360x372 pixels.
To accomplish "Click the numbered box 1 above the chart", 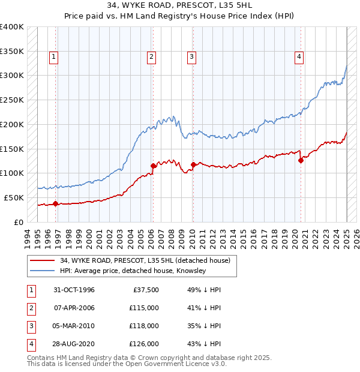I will pyautogui.click(x=54, y=57).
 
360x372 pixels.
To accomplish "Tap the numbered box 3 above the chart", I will pyautogui.click(x=191, y=57).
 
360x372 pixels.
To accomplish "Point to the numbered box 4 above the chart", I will pyautogui.click(x=299, y=57).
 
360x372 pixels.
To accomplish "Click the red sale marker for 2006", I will pyautogui.click(x=153, y=166).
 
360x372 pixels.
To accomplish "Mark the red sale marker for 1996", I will pyautogui.click(x=56, y=203).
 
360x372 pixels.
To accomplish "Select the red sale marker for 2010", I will pyautogui.click(x=193, y=164).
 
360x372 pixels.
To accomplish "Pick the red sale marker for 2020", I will pyautogui.click(x=301, y=160).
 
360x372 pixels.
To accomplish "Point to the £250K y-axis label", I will pyautogui.click(x=12, y=100).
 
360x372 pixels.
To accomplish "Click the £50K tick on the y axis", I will pyautogui.click(x=14, y=197).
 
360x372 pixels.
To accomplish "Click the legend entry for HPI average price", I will pyautogui.click(x=133, y=271).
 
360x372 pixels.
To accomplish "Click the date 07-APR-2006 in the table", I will pyautogui.click(x=74, y=308).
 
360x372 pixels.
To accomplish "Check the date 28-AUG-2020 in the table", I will pyautogui.click(x=74, y=344).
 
